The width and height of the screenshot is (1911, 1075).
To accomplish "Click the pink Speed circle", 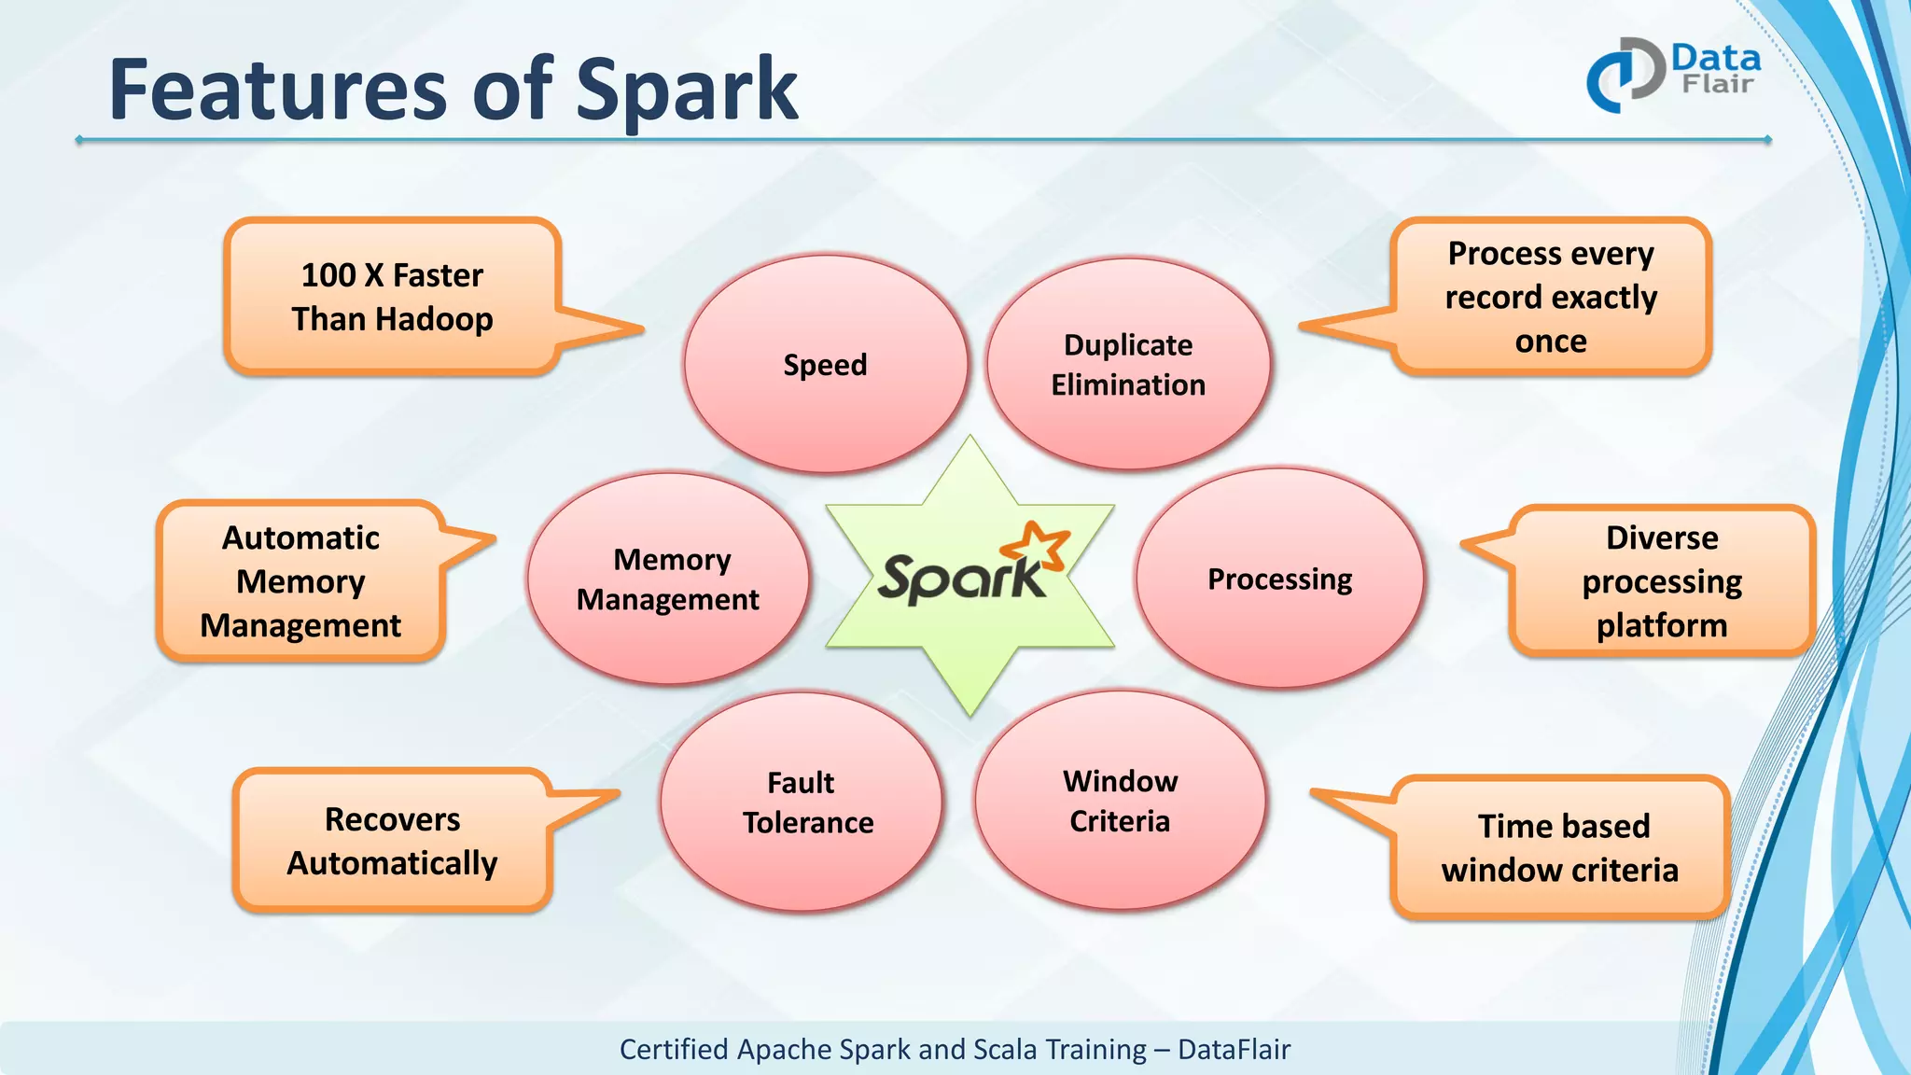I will coord(825,364).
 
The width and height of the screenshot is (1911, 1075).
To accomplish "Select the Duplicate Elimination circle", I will coord(1128,364).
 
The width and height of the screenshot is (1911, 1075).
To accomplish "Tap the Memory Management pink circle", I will coord(668,579).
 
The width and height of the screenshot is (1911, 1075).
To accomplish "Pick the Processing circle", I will coord(1279,579).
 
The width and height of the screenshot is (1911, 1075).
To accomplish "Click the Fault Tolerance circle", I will coord(802,802).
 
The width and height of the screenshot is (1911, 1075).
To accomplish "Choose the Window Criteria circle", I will coord(1120,801).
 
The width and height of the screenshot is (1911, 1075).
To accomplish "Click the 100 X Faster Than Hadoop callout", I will coord(392,297).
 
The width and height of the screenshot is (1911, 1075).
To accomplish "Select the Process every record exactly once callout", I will coord(1551,297).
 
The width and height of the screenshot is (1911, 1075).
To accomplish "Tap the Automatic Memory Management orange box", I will coord(300,581).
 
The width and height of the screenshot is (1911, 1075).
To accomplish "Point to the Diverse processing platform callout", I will coord(1662,581).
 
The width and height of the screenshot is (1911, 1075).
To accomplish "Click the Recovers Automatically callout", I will coord(392,841).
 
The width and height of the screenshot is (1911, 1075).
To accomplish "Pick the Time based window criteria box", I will coord(1560,847).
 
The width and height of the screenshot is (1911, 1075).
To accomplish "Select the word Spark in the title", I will coord(687,91).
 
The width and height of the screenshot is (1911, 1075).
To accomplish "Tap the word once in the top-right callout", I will coord(1551,342).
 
